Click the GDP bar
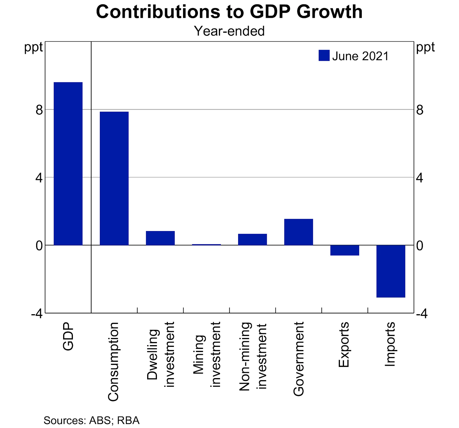click(68, 163)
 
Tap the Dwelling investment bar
click(160, 238)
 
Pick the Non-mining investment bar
click(252, 239)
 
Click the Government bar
click(299, 232)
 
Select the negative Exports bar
click(345, 250)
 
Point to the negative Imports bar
click(391, 271)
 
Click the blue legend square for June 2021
click(324, 56)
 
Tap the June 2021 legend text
click(360, 56)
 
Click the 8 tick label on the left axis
click(39, 110)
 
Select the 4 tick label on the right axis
click(420, 178)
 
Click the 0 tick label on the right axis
click(420, 246)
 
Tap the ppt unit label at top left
click(33, 47)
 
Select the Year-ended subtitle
click(229, 31)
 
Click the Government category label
click(299, 359)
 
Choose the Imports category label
click(390, 344)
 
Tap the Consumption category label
click(113, 361)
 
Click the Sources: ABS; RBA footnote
click(92, 420)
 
